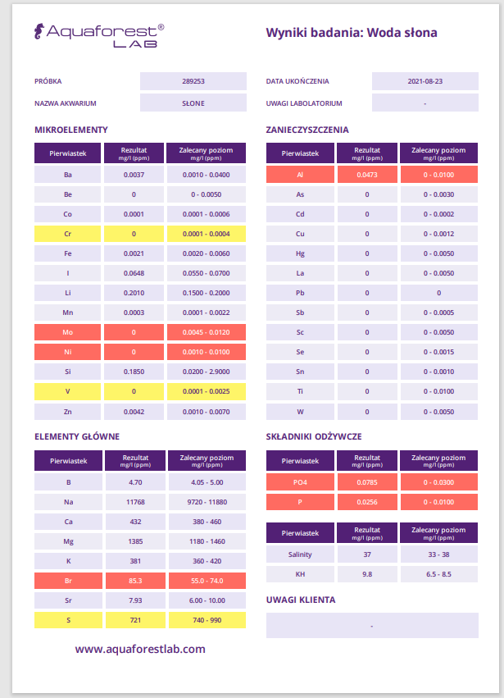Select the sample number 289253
pos(193,81)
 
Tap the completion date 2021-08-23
pos(425,81)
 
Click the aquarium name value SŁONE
pos(193,103)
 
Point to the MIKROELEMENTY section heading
pos(71,130)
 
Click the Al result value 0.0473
pos(366,175)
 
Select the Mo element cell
pos(67,332)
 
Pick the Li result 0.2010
pos(134,293)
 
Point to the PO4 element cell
pos(300,482)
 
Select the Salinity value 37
pos(366,554)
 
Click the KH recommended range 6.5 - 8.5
pos(438,574)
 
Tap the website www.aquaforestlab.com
pos(140,649)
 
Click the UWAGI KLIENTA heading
pos(301,600)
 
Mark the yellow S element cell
pos(67,620)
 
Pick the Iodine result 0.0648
pos(134,273)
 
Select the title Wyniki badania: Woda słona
pos(352,34)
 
